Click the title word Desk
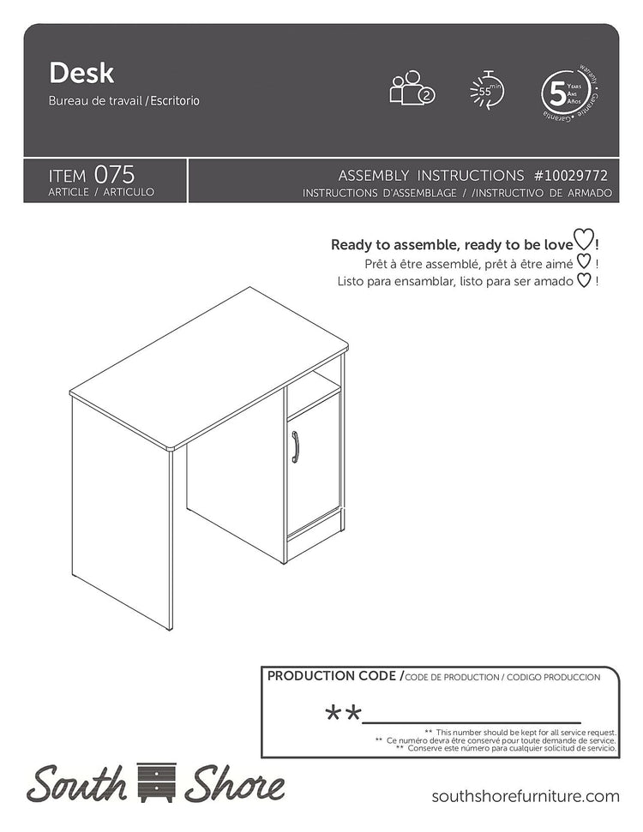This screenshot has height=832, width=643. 81,74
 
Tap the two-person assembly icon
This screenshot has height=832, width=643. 412,87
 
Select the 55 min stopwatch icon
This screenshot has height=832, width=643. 486,89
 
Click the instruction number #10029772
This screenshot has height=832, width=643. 572,175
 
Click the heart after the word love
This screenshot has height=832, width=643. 583,243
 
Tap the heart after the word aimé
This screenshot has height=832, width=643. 583,262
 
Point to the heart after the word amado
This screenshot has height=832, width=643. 583,280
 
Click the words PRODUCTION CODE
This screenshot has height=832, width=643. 331,676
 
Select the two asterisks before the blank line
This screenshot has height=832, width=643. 342,713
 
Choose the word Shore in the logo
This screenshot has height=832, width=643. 233,783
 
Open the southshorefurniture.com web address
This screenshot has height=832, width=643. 525,796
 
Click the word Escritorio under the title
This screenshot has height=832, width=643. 176,100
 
